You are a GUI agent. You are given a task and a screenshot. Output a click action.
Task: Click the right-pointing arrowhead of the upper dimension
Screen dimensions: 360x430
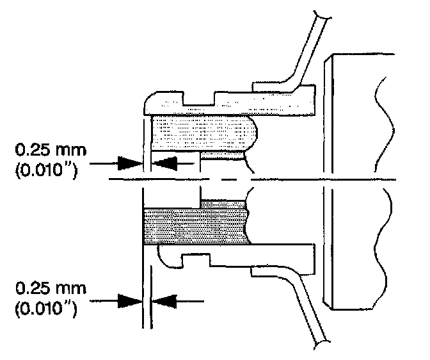pos(131,163)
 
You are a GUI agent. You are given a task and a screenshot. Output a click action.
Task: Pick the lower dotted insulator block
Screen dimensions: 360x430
pos(195,225)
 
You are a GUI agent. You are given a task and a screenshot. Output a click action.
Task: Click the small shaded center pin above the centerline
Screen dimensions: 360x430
pos(224,155)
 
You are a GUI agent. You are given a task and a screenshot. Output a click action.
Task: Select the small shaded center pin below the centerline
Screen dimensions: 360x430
pos(224,203)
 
